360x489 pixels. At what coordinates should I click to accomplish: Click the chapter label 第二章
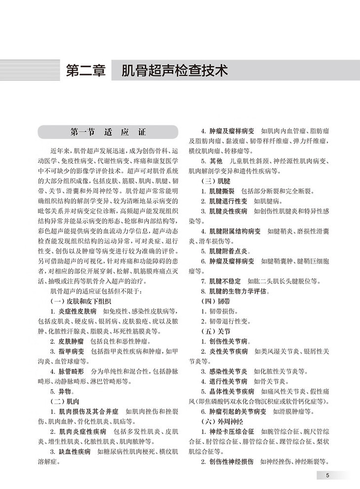(x=86, y=71)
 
